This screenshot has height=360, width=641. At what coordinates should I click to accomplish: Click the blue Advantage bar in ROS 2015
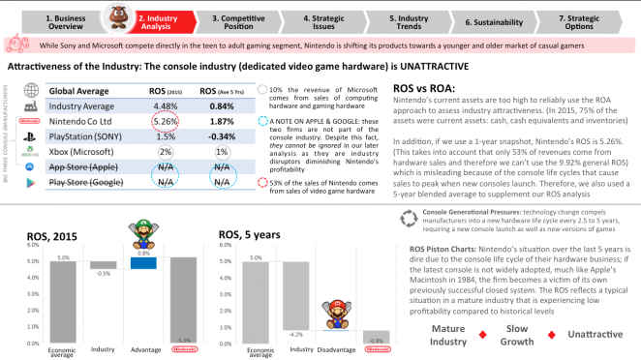pyautogui.click(x=143, y=262)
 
